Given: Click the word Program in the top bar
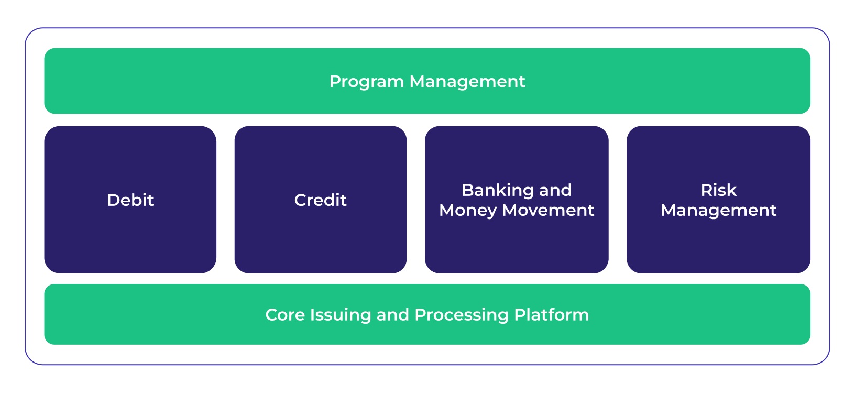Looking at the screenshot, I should click(366, 82).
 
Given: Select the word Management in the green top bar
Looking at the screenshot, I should click(467, 82).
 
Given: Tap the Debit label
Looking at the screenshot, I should click(130, 200).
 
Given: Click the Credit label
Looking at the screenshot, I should click(320, 200).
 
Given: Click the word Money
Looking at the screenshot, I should click(467, 211).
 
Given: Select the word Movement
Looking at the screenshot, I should click(548, 210).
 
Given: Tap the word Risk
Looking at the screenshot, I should click(718, 190).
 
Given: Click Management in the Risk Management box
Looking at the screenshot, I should click(718, 211).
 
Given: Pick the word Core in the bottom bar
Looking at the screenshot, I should click(284, 315).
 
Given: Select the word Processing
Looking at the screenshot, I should click(462, 315).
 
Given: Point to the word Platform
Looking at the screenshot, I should click(552, 315).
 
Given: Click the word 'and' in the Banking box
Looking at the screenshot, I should click(555, 190).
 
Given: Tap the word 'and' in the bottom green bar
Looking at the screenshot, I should click(392, 315).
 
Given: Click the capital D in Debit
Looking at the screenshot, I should click(112, 200).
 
